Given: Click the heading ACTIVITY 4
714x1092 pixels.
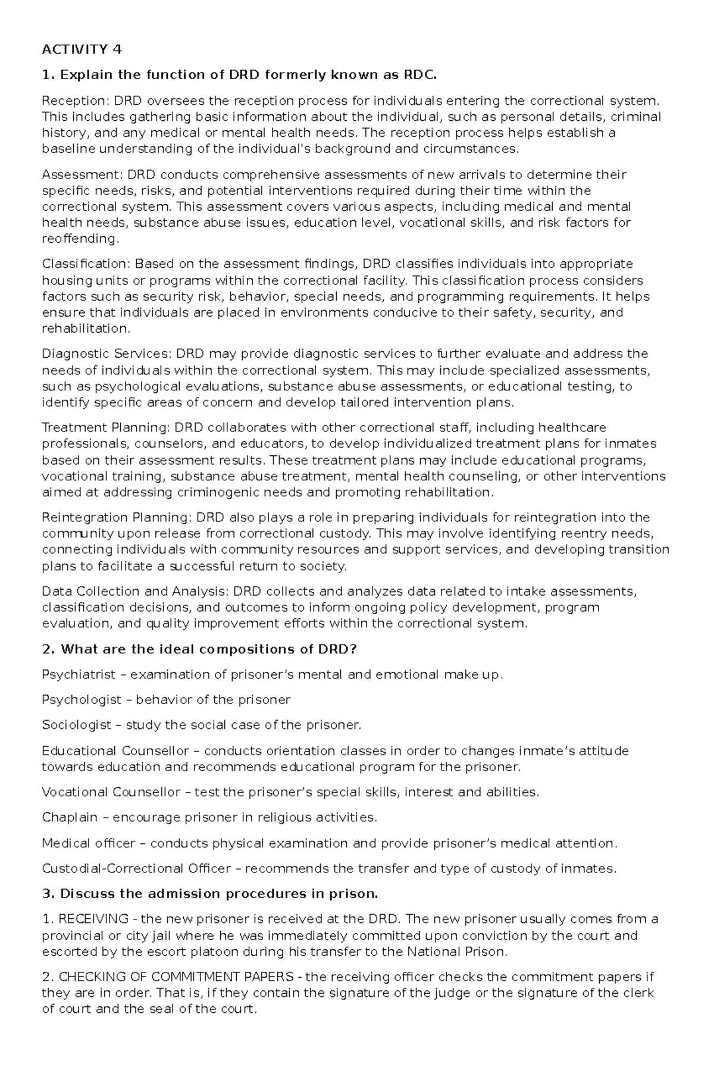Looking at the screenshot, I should pyautogui.click(x=82, y=49).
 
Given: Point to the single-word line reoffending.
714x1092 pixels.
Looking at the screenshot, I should pyautogui.click(x=80, y=239).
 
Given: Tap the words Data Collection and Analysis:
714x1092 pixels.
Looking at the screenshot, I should pyautogui.click(x=135, y=592).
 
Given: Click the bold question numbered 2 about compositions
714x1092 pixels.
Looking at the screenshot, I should pyautogui.click(x=199, y=649).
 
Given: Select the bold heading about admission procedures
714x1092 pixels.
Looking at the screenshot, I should pyautogui.click(x=209, y=894).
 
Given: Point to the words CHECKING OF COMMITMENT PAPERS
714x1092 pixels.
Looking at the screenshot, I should pyautogui.click(x=176, y=977).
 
